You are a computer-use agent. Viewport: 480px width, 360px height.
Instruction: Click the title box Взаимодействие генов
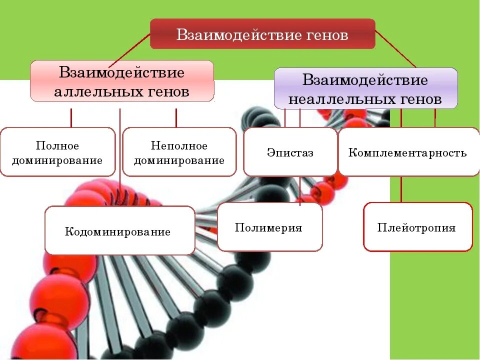(x=262, y=34)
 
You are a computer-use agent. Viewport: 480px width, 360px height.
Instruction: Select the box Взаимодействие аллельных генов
(x=122, y=81)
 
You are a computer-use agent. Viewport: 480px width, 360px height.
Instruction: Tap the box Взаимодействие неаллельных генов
(x=365, y=89)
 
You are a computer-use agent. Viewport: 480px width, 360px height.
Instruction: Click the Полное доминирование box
(x=57, y=152)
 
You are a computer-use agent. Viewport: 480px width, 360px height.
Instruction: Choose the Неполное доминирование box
(x=179, y=152)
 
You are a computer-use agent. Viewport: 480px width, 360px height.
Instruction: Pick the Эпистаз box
(x=290, y=152)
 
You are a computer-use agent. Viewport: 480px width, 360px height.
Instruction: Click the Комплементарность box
(x=408, y=152)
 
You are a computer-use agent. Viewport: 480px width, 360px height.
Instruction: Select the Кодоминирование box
(x=119, y=230)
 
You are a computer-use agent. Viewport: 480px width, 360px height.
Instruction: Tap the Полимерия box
(x=269, y=227)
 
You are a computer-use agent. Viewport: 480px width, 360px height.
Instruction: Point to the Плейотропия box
(x=417, y=227)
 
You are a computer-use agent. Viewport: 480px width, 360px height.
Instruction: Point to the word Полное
(x=57, y=145)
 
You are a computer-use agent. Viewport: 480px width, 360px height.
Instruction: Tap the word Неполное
(x=179, y=145)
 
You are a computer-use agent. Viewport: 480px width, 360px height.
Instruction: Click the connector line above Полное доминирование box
(x=71, y=117)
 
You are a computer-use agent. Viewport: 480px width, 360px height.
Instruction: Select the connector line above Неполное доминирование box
(x=176, y=117)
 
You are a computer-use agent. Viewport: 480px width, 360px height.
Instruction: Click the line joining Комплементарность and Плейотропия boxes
(x=401, y=189)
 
